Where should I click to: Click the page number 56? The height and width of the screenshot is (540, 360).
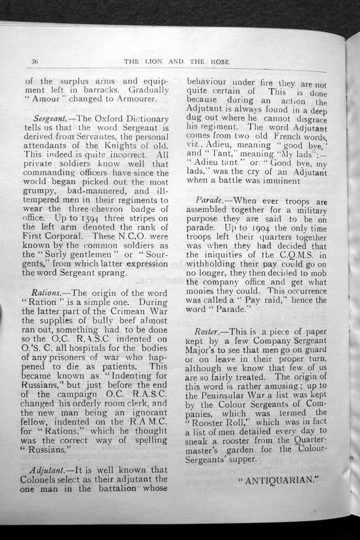coord(35,61)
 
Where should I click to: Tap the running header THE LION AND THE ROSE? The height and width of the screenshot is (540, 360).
coord(176,62)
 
